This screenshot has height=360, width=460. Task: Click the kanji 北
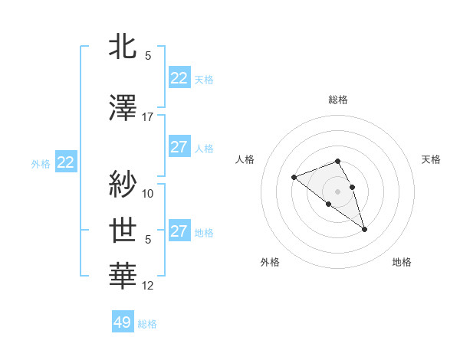click(124, 46)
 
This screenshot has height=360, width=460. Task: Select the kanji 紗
click(124, 184)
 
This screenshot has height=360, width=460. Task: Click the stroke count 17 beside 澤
click(148, 117)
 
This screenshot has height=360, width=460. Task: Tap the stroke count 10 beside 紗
click(148, 193)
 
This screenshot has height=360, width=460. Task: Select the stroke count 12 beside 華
click(148, 286)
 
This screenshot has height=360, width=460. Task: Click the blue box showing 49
click(123, 322)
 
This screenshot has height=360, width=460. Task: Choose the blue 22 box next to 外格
click(66, 162)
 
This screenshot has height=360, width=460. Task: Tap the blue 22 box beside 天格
click(179, 78)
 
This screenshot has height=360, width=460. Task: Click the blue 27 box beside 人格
click(179, 147)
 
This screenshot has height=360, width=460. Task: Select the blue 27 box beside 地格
click(179, 231)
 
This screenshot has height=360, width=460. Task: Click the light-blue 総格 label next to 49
click(147, 324)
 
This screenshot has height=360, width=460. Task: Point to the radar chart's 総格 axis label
click(337, 100)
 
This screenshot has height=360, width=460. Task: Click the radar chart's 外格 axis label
click(270, 262)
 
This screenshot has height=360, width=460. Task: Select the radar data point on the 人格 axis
click(294, 178)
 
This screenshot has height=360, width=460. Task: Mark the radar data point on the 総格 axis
click(337, 161)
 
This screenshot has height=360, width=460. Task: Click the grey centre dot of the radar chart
click(337, 191)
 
